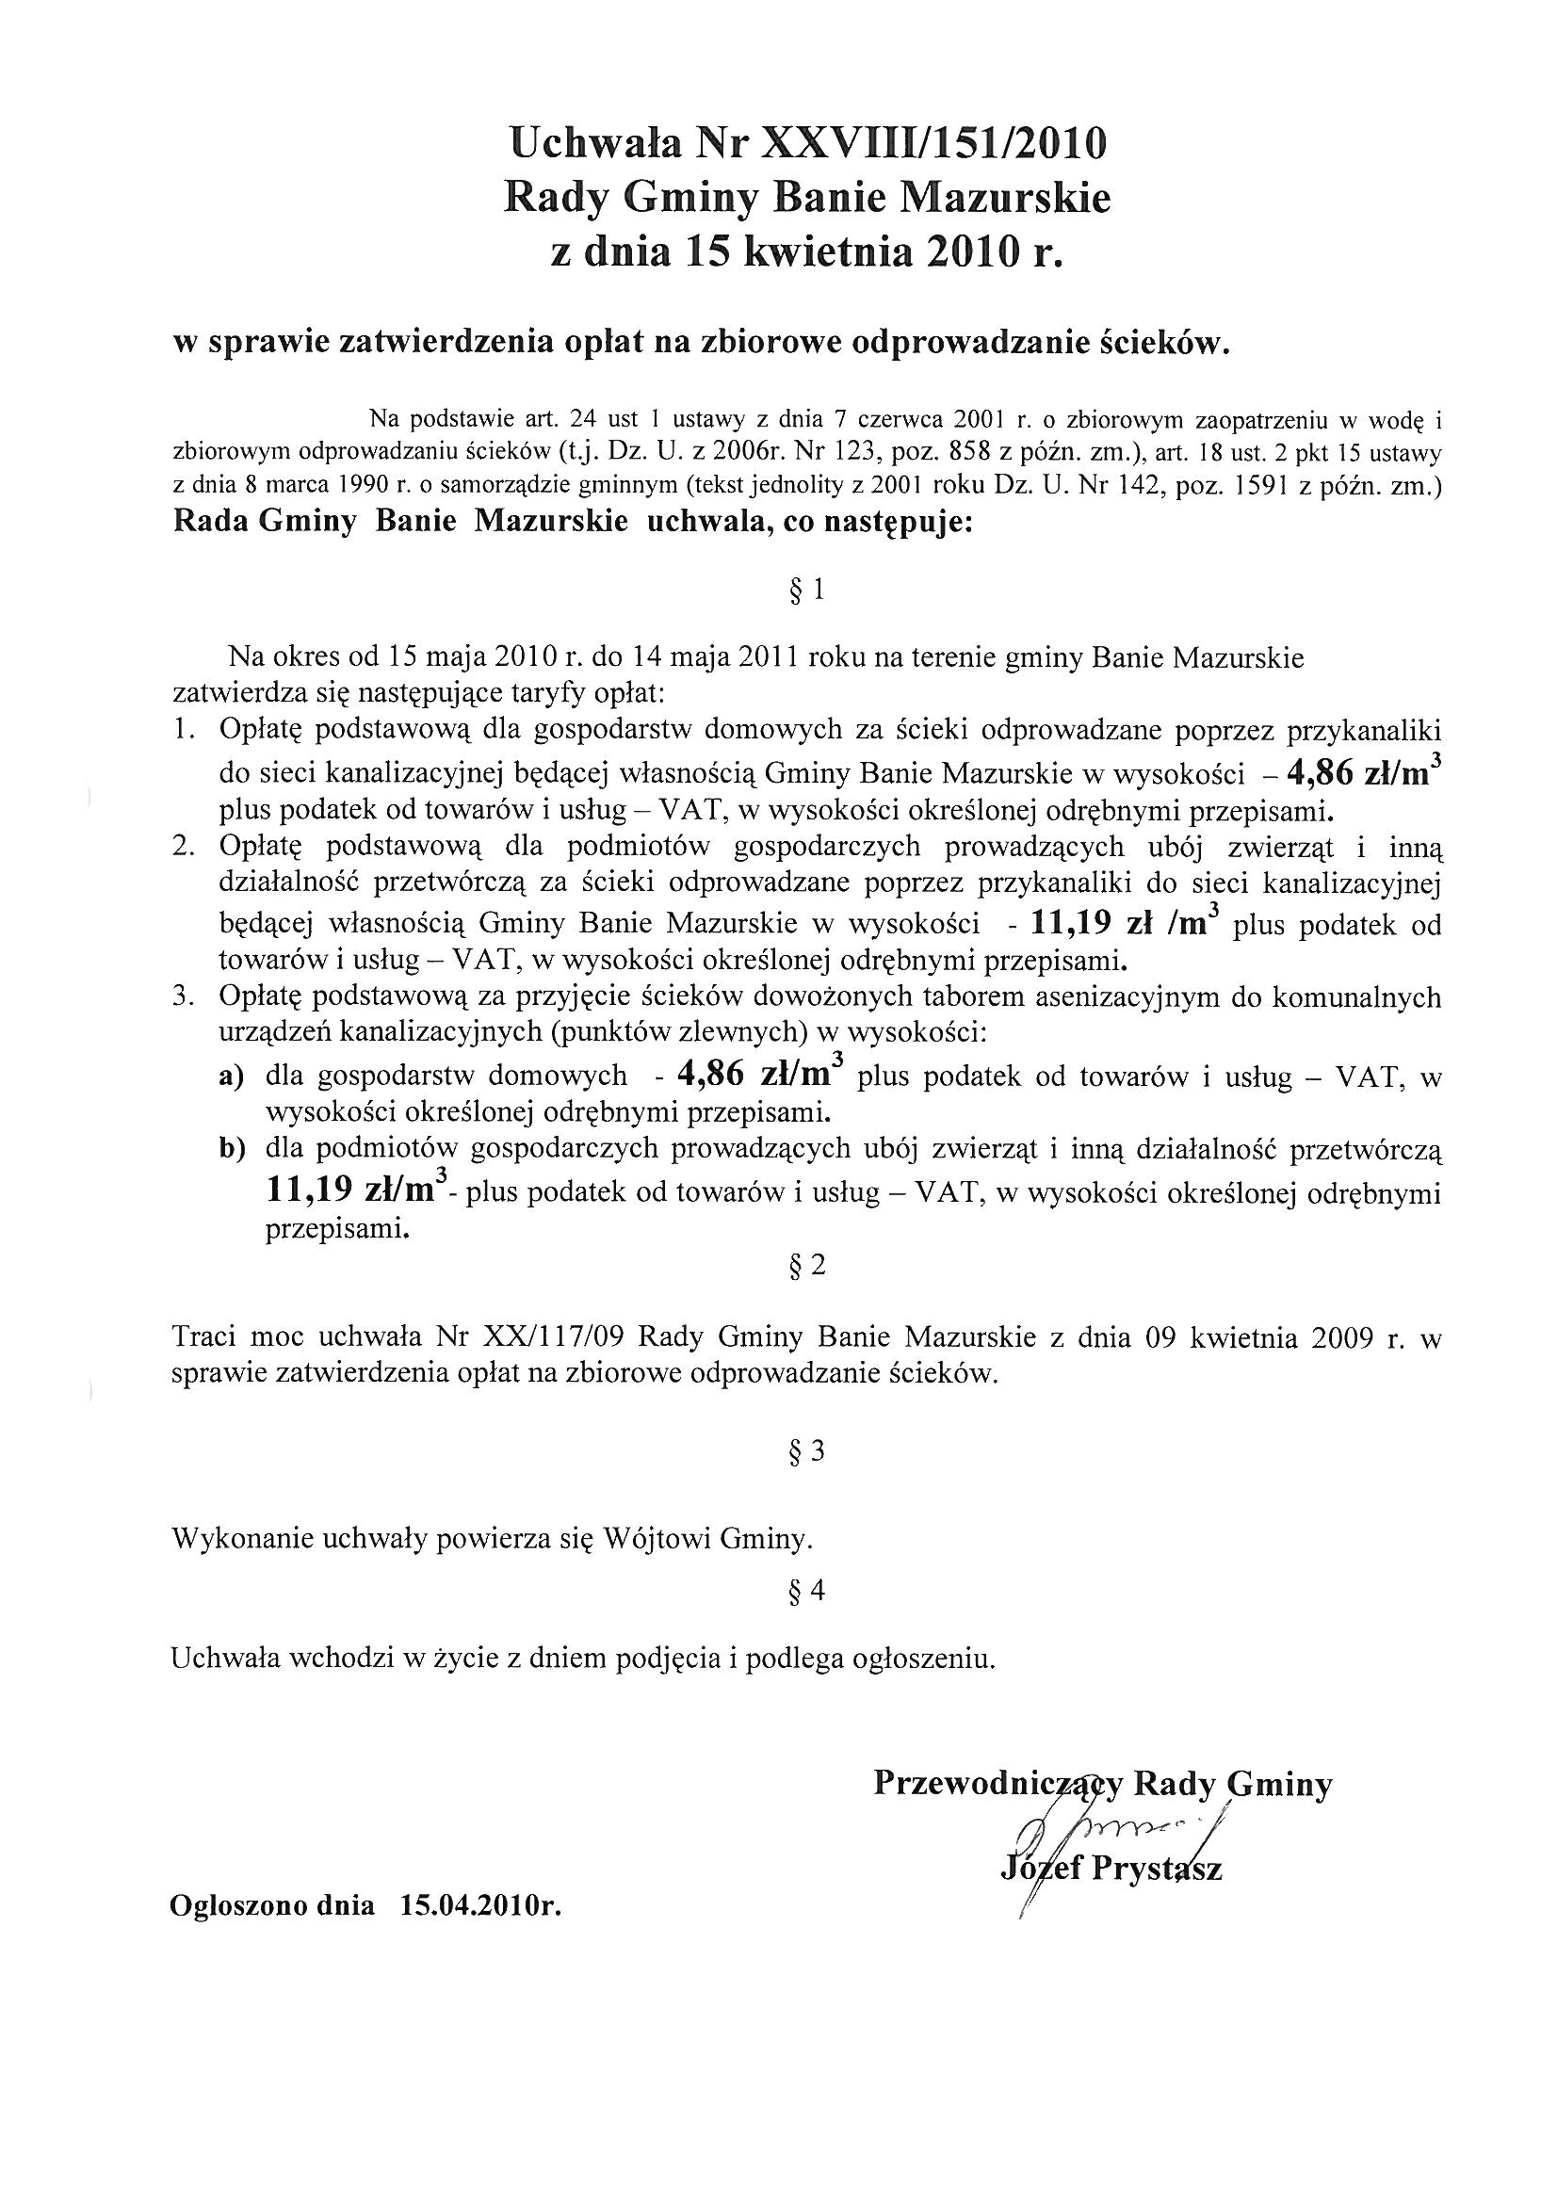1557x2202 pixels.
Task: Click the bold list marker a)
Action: click(x=232, y=1077)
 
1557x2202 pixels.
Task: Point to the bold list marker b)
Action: click(x=232, y=1149)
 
